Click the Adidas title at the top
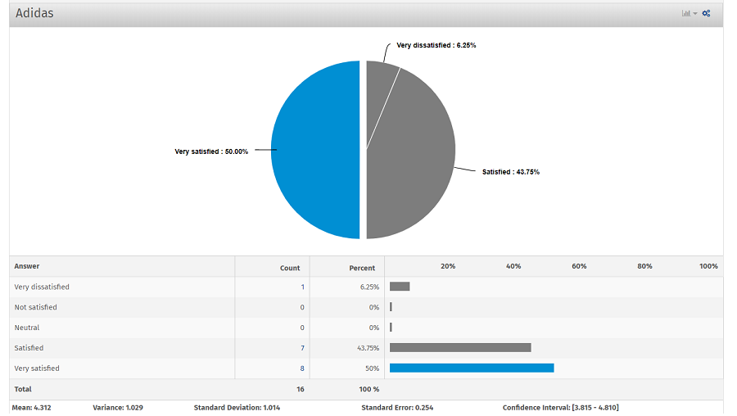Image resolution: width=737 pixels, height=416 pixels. click(x=34, y=13)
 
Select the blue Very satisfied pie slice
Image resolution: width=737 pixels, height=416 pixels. click(x=315, y=150)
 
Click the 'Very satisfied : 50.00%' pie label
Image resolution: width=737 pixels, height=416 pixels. click(x=211, y=151)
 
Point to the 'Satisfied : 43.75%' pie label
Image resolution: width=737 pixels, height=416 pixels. click(x=510, y=172)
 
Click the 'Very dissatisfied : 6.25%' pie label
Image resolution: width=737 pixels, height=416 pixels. click(x=436, y=46)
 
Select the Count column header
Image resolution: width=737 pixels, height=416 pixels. click(x=290, y=268)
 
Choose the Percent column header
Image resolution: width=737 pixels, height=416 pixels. click(x=362, y=268)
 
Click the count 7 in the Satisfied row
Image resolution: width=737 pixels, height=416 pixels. click(x=302, y=348)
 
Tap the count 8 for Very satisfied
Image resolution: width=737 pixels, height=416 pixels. click(x=302, y=369)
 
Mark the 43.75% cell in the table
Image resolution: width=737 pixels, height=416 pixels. click(x=368, y=348)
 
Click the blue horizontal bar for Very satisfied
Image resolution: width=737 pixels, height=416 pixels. click(x=472, y=368)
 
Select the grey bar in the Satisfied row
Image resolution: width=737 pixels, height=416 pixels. click(x=460, y=347)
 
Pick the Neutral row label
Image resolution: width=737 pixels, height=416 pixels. click(x=27, y=328)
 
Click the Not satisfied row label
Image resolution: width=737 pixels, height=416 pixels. click(x=36, y=307)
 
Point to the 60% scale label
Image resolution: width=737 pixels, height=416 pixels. click(x=579, y=266)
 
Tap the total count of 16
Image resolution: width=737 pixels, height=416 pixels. click(x=300, y=389)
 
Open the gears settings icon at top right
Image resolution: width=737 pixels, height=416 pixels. click(x=706, y=13)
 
